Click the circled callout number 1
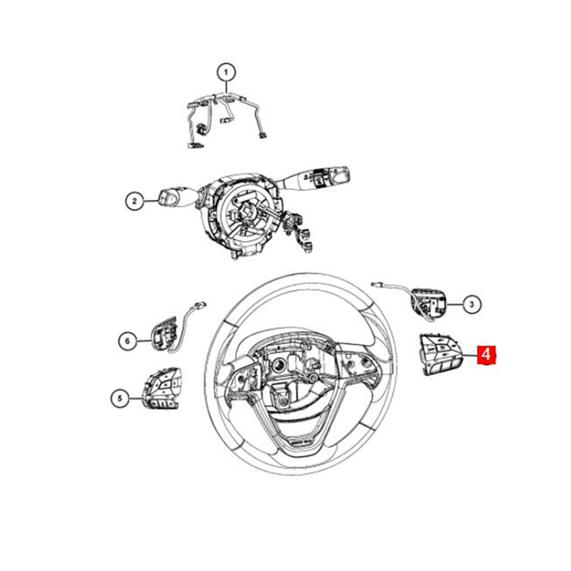(226, 73)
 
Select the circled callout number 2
(135, 200)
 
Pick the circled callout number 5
(120, 399)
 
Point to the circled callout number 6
(127, 341)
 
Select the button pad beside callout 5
(162, 388)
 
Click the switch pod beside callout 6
(164, 333)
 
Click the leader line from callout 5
(135, 399)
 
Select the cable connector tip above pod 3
(376, 284)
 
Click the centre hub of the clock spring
(246, 213)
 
